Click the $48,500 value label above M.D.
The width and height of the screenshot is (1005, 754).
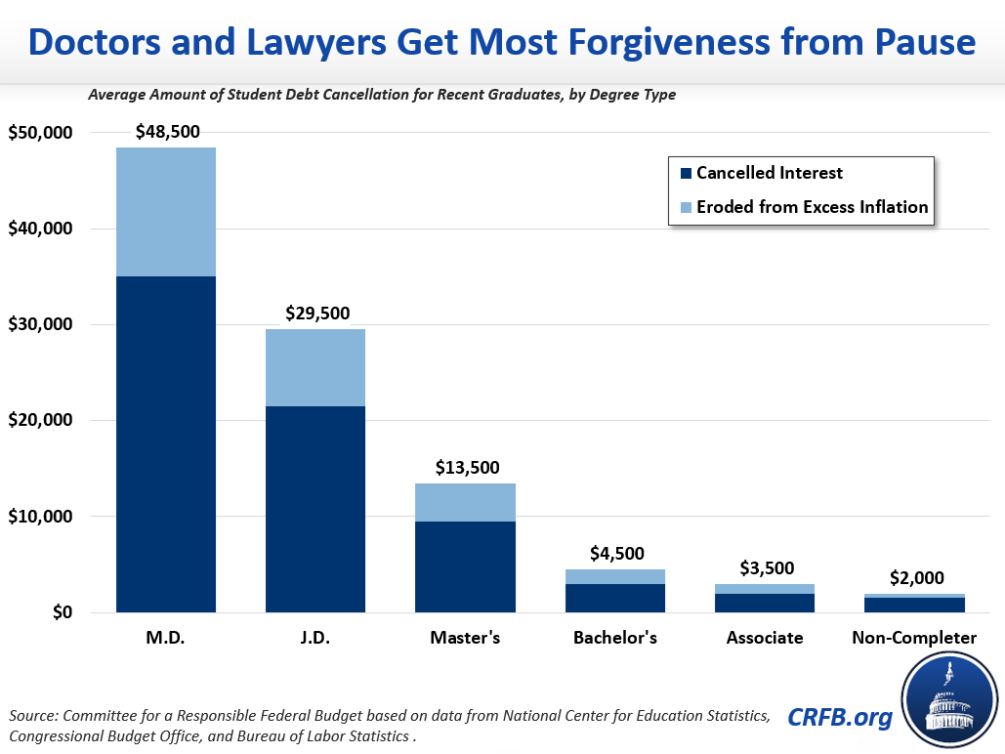tap(166, 131)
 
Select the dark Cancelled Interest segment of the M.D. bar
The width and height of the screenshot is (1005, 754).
tap(166, 444)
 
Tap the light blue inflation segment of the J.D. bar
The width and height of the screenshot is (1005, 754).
tap(315, 368)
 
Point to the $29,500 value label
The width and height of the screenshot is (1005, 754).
tap(316, 314)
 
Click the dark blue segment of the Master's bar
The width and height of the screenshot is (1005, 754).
tap(466, 567)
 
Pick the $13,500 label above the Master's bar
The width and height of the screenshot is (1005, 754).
tap(466, 467)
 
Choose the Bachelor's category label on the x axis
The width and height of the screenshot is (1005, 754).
tap(615, 638)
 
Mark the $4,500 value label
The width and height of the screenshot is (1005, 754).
tap(616, 554)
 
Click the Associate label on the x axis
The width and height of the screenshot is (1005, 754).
tap(765, 638)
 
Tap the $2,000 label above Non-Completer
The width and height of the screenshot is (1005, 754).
tap(915, 578)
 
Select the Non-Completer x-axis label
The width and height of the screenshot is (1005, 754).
tap(914, 638)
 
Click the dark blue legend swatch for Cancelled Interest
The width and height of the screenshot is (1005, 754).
tap(686, 174)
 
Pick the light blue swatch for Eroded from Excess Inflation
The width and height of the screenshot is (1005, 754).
tap(686, 207)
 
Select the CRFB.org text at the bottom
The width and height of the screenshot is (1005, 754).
tap(840, 718)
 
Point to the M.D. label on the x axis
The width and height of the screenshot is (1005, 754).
tap(166, 638)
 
